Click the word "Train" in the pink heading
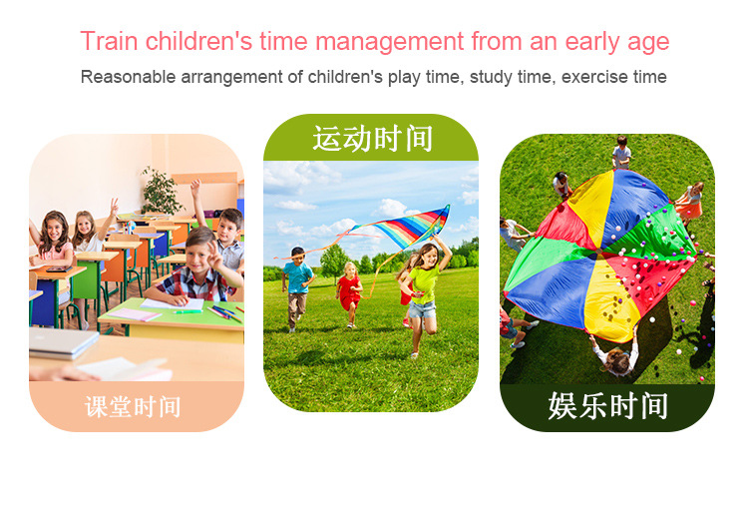click(110, 41)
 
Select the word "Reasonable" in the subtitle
click(128, 77)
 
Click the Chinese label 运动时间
click(372, 139)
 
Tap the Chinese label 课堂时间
click(133, 407)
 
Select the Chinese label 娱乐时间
click(607, 406)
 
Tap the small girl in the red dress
click(349, 294)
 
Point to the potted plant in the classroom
click(161, 191)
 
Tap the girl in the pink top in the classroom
click(54, 245)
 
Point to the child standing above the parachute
click(621, 152)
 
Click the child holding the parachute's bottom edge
click(616, 354)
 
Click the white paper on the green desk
click(173, 304)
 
